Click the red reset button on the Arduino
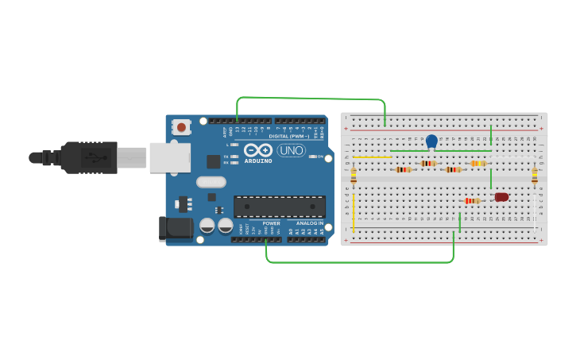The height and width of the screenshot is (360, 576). click(182, 126)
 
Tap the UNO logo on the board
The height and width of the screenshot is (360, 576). click(292, 150)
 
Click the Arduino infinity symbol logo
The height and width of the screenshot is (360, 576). click(258, 150)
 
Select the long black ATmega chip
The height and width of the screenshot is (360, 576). click(279, 207)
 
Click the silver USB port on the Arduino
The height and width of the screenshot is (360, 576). click(170, 157)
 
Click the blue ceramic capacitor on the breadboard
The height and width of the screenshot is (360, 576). click(431, 141)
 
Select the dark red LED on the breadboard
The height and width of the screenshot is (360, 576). click(501, 197)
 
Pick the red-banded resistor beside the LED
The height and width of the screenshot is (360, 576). click(473, 201)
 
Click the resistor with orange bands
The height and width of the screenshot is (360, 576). click(477, 164)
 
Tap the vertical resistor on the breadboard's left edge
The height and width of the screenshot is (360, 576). click(354, 176)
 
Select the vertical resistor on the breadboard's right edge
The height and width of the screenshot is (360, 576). click(535, 176)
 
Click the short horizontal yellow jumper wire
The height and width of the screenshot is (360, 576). click(372, 157)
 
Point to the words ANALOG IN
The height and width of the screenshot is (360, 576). click(311, 223)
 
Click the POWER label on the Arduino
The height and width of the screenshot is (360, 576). click(271, 223)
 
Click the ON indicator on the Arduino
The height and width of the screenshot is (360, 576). click(319, 157)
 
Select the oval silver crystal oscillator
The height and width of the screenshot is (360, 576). click(211, 182)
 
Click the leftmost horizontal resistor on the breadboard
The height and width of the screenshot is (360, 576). click(404, 169)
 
